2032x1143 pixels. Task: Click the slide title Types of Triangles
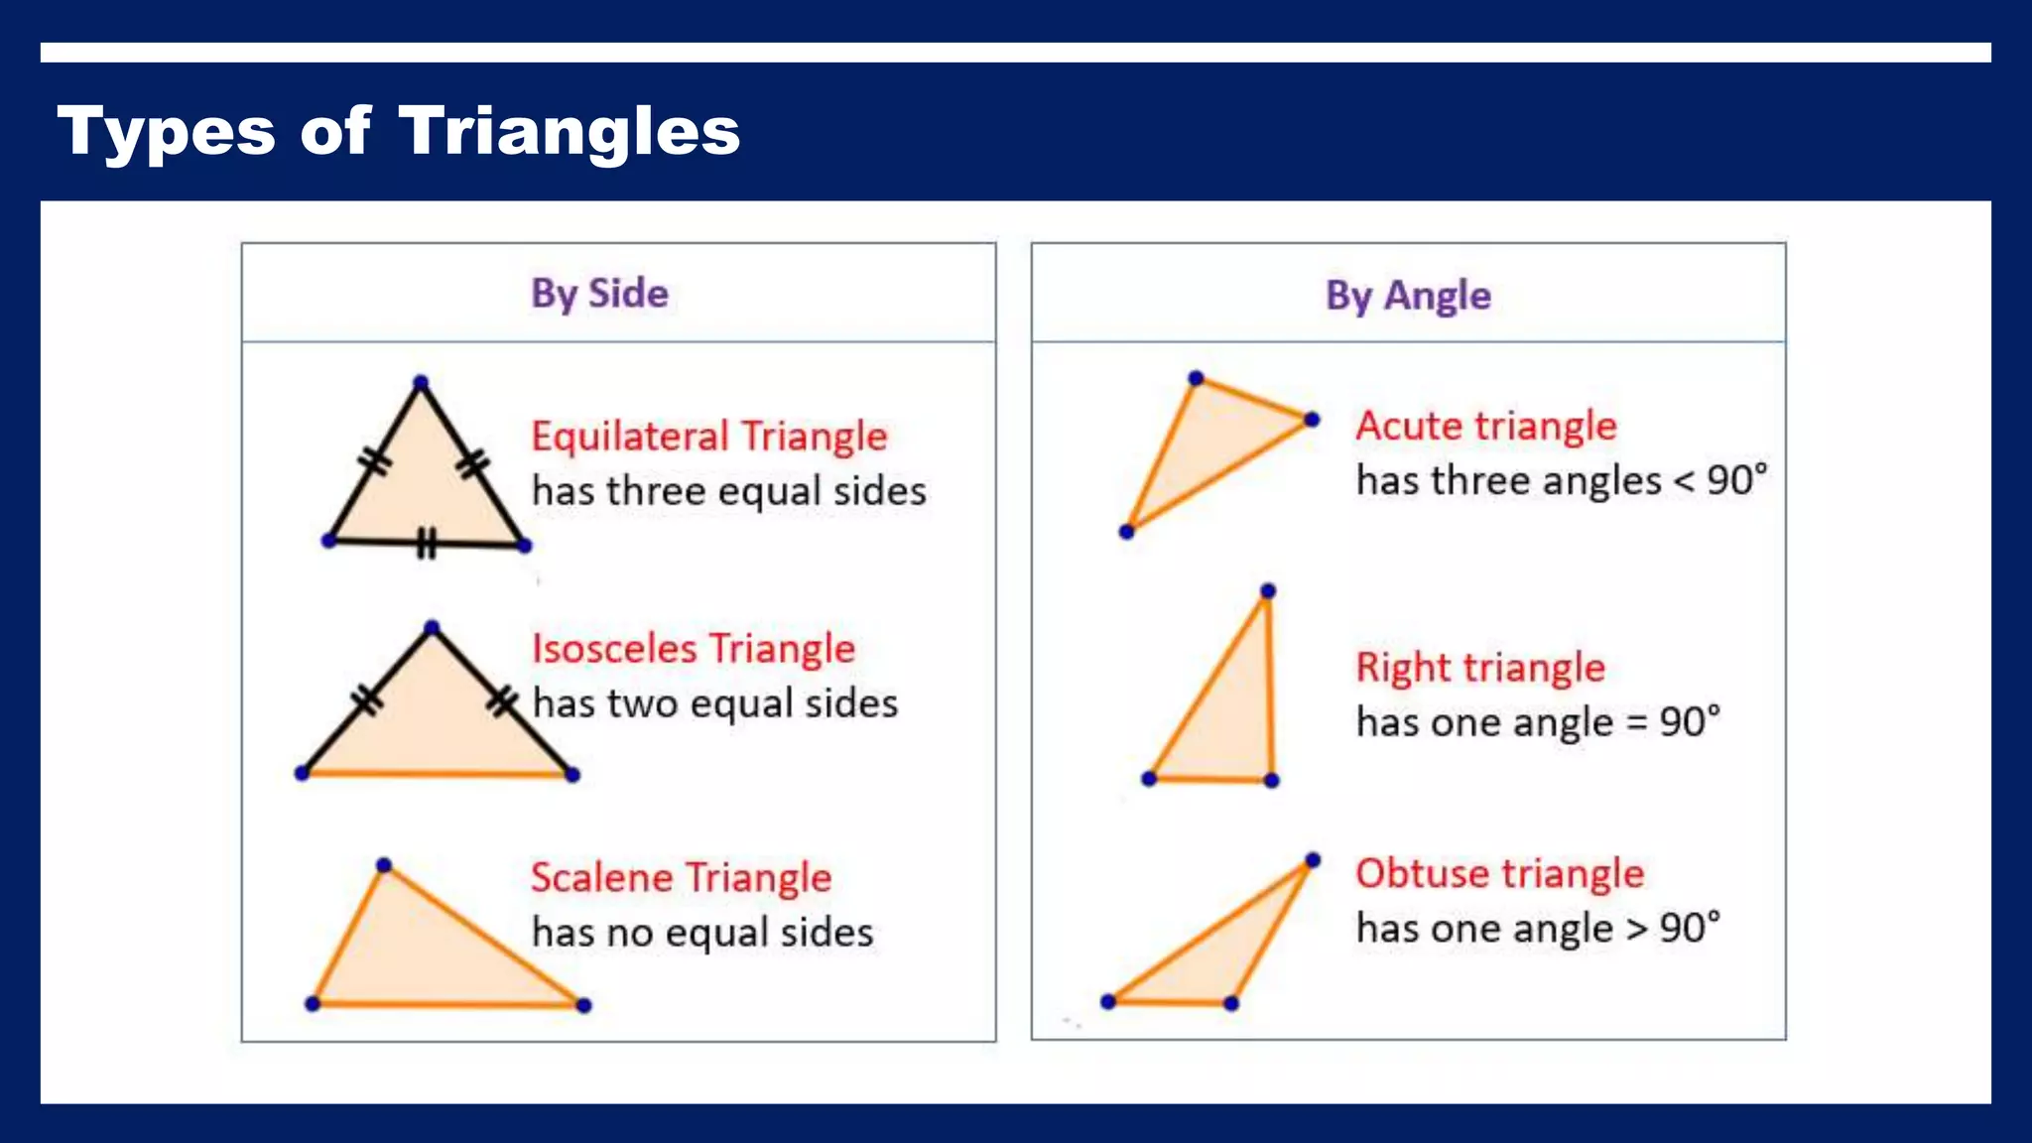[398, 131]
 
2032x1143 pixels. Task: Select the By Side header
[599, 294]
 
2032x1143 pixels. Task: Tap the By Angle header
[1408, 296]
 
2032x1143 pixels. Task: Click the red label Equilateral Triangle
[708, 437]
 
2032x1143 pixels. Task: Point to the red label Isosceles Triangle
[693, 649]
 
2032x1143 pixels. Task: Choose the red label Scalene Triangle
[681, 878]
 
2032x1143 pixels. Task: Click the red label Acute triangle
[1485, 426]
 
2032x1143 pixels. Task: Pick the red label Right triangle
[1479, 668]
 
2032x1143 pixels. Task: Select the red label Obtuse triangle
[1499, 873]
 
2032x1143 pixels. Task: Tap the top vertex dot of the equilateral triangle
[421, 382]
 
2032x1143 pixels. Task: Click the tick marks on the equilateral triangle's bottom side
[426, 543]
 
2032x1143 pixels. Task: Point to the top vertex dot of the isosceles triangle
[431, 627]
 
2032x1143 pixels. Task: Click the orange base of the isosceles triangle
[437, 773]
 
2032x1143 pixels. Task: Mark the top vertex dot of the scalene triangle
[384, 865]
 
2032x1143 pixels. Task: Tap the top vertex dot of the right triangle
[1267, 591]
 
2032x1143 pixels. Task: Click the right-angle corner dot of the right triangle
[1271, 780]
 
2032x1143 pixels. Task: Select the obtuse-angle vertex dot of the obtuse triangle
[1230, 1003]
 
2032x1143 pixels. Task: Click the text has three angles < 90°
[1561, 481]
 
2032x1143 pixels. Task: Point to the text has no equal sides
[701, 933]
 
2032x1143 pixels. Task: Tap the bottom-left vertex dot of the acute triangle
[1126, 532]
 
